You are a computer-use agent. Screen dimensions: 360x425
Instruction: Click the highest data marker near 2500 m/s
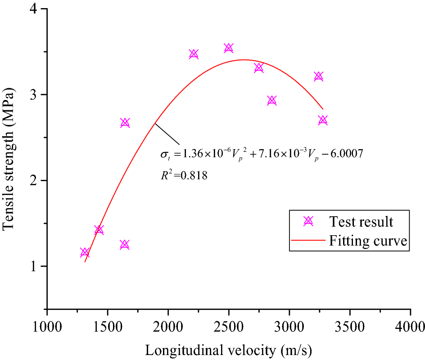(229, 48)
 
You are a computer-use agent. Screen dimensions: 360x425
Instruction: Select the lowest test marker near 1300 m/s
(85, 253)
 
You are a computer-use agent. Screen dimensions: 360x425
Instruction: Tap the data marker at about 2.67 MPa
(125, 123)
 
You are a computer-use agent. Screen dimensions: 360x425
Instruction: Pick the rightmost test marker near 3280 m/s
(323, 120)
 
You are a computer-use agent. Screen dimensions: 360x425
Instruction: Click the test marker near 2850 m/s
(272, 100)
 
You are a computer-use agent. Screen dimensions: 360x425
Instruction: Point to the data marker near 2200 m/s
(194, 54)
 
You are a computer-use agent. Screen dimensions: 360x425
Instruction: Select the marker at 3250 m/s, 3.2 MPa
(319, 77)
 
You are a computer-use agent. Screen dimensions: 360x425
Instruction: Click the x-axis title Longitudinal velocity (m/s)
(229, 349)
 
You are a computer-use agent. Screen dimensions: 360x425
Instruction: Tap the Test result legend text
(361, 222)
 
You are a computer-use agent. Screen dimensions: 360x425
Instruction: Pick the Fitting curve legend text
(368, 241)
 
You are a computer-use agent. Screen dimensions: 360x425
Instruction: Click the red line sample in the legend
(308, 241)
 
